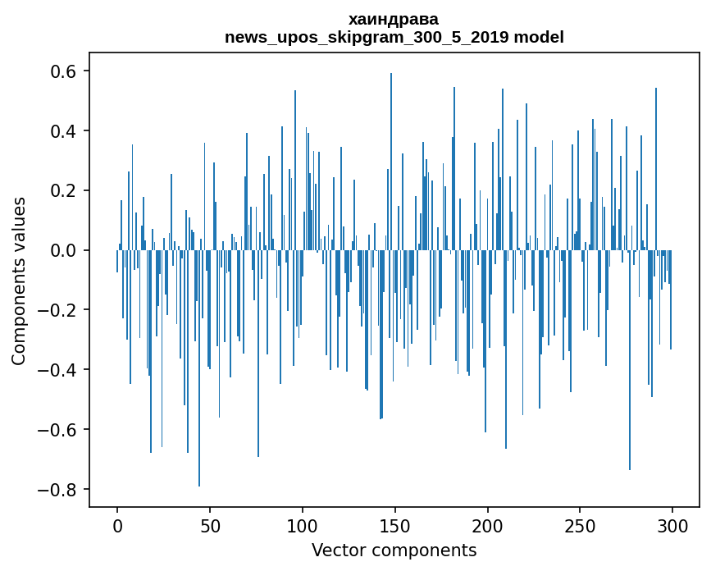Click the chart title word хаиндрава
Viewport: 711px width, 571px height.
(394, 19)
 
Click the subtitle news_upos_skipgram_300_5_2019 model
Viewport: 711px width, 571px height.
(394, 37)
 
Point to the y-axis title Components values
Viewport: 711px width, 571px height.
(19, 281)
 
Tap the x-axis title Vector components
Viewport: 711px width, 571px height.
(394, 550)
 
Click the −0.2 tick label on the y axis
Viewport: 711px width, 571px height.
(57, 310)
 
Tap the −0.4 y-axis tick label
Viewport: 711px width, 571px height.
(57, 370)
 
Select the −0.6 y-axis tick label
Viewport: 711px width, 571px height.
(57, 430)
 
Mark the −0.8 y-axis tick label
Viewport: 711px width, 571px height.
(57, 490)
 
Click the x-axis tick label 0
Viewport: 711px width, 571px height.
(117, 526)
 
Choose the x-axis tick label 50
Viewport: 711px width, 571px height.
(210, 526)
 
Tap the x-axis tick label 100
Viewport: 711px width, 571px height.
(303, 526)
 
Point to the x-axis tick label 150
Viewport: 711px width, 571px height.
(395, 526)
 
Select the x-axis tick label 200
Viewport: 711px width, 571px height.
(488, 526)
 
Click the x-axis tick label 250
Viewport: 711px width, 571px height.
(581, 526)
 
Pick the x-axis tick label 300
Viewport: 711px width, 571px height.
(672, 526)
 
